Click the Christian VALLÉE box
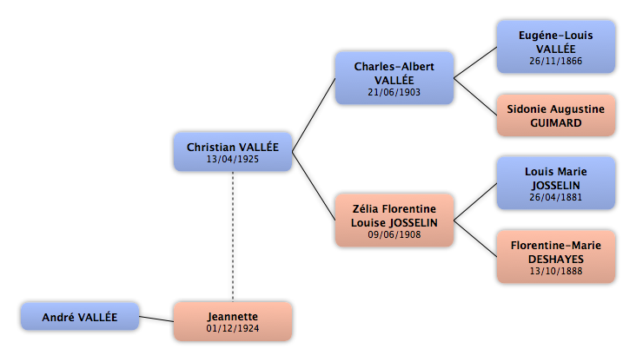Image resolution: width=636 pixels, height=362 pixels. click(x=233, y=152)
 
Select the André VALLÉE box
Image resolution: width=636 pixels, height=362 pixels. click(x=80, y=316)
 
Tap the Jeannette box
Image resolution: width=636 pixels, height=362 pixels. click(x=233, y=321)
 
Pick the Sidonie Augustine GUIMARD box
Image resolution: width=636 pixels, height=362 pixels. click(x=556, y=115)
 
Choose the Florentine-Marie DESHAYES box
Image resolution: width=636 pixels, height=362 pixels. click(x=556, y=257)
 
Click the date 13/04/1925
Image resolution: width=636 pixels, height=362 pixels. click(x=232, y=159)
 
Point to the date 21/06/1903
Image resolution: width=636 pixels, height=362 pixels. click(x=394, y=92)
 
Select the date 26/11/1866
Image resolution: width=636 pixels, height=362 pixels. click(x=556, y=61)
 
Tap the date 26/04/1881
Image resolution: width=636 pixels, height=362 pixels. click(x=556, y=197)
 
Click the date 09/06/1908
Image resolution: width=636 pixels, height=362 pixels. click(x=394, y=234)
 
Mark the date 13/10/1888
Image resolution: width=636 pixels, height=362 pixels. click(x=556, y=271)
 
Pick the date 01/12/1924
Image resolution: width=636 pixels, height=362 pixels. click(x=232, y=328)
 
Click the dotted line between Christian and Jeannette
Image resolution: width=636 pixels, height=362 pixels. click(x=233, y=236)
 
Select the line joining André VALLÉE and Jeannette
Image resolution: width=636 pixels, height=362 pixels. click(x=156, y=319)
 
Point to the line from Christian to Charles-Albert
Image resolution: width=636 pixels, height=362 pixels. click(x=314, y=115)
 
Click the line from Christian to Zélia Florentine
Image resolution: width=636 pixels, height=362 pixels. click(x=314, y=187)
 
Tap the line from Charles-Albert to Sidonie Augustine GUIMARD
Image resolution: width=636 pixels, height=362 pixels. click(x=475, y=96)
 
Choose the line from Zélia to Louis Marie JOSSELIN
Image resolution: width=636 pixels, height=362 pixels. click(x=475, y=202)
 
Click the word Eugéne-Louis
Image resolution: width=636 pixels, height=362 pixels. click(x=556, y=36)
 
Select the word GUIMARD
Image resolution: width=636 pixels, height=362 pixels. click(x=556, y=122)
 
